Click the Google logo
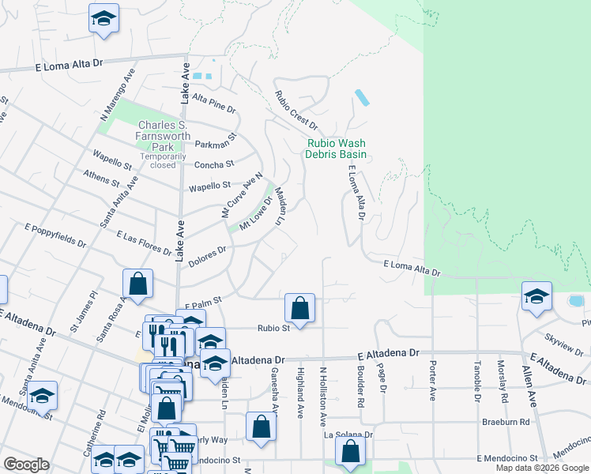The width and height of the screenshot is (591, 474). click(x=26, y=465)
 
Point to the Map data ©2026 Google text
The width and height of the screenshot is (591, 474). click(x=541, y=468)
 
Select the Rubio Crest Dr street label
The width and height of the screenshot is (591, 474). click(x=295, y=111)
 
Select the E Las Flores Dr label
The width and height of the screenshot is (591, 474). click(x=145, y=243)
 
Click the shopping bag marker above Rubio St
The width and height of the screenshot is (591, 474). click(x=300, y=307)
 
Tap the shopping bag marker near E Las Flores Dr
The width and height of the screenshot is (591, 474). click(x=137, y=283)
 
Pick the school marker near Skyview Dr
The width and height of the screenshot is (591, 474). click(x=536, y=297)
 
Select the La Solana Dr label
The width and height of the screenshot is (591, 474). click(x=348, y=434)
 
